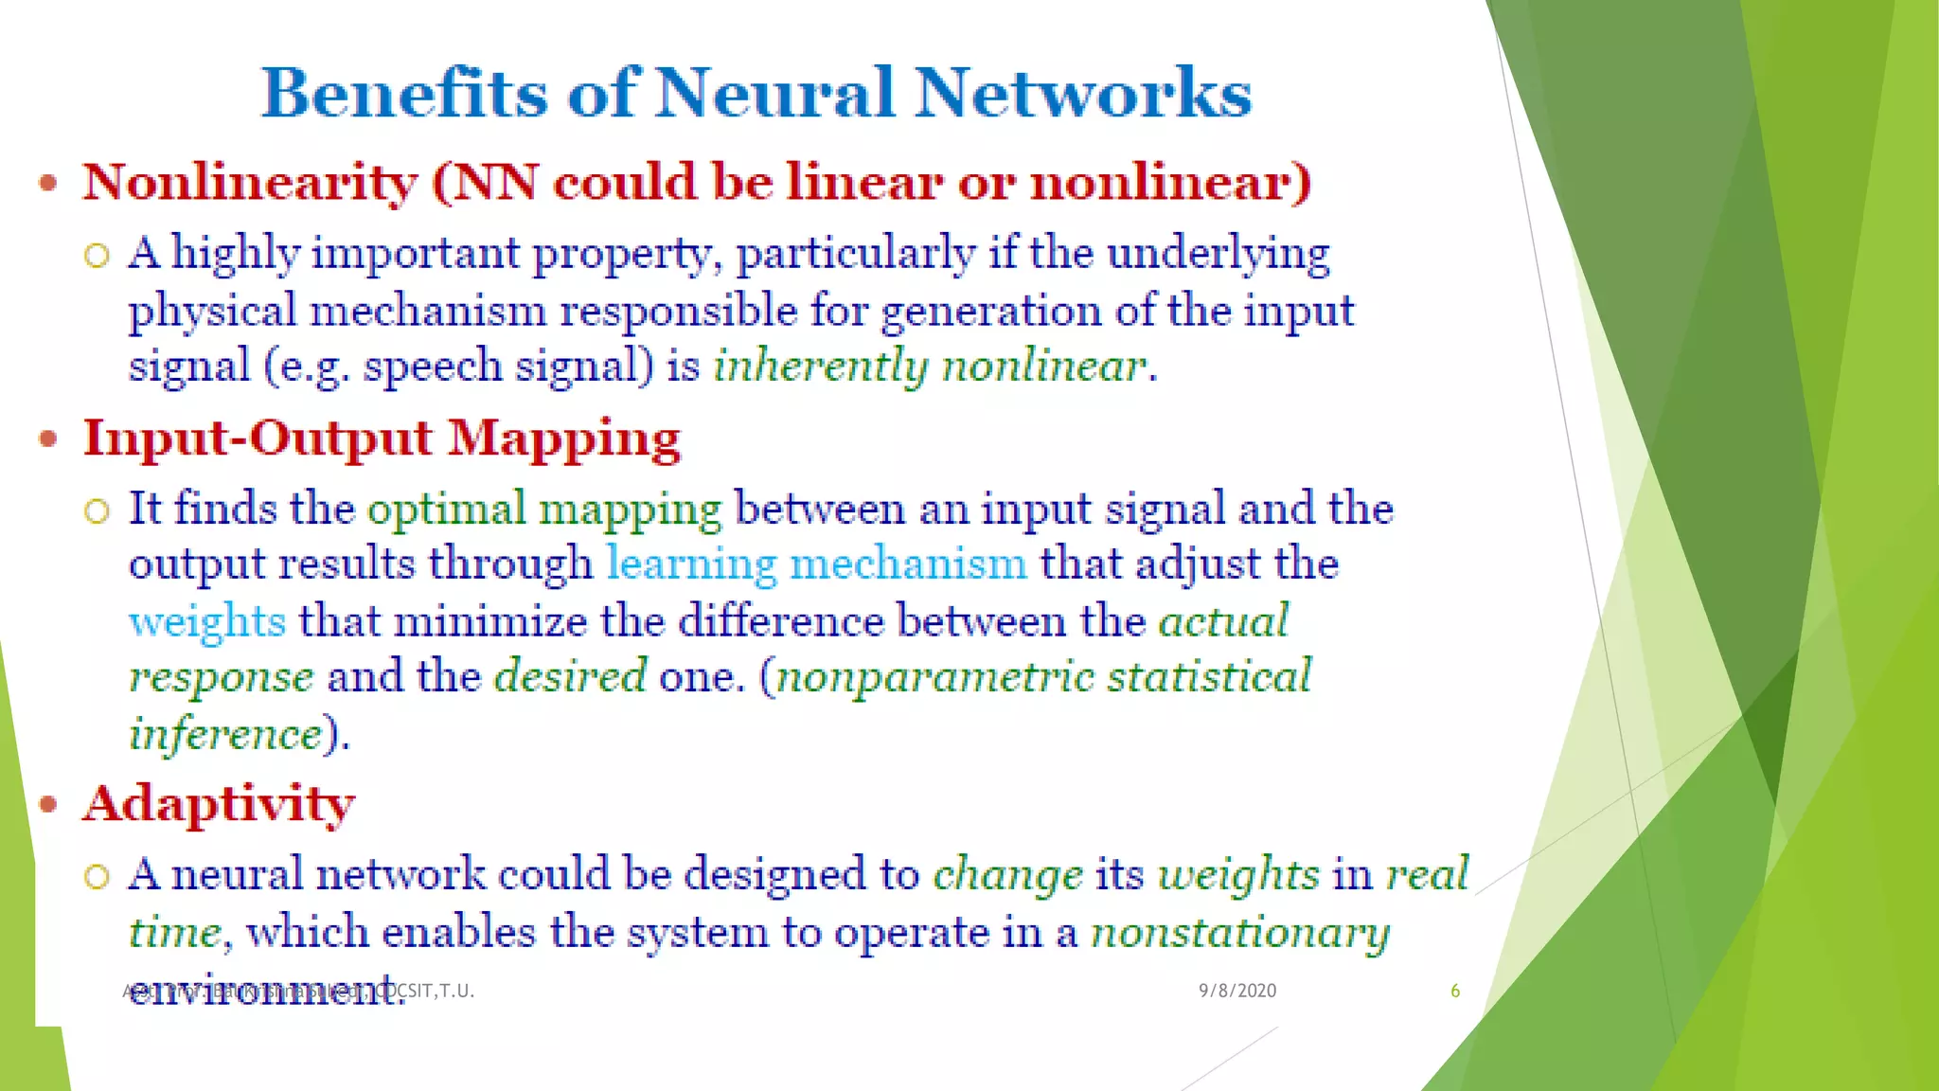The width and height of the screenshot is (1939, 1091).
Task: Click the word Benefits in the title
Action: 404,93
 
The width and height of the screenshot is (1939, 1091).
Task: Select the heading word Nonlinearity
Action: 250,182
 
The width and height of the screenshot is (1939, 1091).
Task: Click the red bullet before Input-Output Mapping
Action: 48,438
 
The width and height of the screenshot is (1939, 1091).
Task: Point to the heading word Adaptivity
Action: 219,804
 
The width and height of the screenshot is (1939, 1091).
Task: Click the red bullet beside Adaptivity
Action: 48,805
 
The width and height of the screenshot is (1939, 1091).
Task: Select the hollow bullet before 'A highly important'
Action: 97,255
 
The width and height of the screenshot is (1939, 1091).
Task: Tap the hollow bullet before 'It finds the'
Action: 97,510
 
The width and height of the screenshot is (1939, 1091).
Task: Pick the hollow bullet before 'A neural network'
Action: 97,876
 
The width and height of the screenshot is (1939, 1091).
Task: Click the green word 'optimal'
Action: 446,509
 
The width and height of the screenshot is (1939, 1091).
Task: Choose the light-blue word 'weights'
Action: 207,621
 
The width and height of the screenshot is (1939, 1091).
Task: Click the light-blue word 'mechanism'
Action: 908,564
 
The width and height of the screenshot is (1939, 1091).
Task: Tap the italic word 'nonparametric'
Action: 934,677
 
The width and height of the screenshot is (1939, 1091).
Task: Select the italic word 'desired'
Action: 570,677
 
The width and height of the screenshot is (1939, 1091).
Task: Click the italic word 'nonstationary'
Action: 1240,933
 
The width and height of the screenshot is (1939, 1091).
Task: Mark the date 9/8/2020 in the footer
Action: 1237,991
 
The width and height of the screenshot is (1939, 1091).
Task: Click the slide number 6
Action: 1455,991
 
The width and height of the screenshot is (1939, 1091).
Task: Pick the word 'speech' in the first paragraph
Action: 433,367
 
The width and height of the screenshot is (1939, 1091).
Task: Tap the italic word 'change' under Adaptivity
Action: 1007,874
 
